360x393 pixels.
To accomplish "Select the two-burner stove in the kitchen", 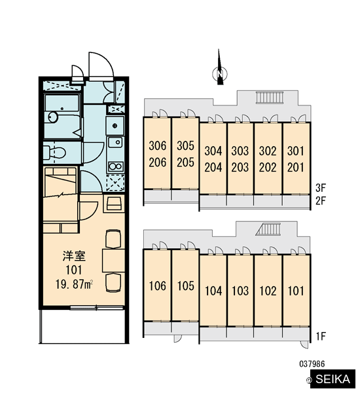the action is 115,166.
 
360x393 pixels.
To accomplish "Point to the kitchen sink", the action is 115,142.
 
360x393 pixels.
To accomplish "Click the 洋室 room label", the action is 74,255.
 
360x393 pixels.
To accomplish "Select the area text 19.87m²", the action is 74,284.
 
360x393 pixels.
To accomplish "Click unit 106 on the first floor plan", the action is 158,286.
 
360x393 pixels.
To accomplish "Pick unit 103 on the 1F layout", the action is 240,291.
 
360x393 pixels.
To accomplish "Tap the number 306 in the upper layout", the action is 158,145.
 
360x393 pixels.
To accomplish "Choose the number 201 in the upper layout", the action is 296,167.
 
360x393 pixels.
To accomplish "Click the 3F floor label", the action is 321,187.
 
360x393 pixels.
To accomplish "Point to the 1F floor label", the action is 321,336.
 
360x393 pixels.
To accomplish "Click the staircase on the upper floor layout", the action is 270,97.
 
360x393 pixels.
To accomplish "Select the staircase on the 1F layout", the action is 268,229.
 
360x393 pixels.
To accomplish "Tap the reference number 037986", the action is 312,364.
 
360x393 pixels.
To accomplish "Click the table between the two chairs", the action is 113,261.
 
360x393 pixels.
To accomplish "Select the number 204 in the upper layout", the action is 213,167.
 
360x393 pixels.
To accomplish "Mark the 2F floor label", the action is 321,201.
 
